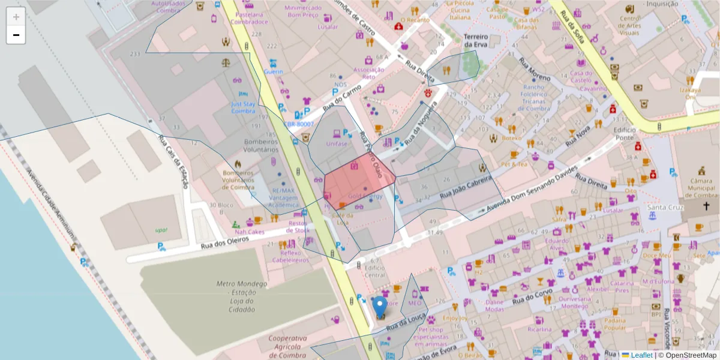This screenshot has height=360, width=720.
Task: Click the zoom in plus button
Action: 16,17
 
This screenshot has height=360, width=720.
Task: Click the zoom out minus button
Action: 16,35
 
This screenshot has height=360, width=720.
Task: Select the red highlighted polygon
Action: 359,183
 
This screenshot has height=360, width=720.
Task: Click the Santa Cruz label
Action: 663,208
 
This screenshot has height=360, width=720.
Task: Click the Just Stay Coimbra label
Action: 243,107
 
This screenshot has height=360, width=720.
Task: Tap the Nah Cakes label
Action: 250,232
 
